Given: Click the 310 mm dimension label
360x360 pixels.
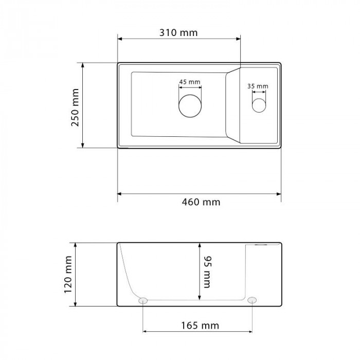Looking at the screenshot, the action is (178, 33).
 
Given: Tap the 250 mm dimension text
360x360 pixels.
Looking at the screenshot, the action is (75, 107).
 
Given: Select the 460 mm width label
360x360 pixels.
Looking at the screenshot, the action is (201, 202).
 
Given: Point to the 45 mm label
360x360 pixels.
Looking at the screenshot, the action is (190, 82).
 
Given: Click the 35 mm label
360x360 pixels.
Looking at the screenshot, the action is (258, 86).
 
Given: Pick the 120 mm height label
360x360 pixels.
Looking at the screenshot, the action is (68, 275).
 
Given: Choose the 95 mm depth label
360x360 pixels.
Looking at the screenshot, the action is (207, 272).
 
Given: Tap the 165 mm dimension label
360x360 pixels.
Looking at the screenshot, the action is (200, 326).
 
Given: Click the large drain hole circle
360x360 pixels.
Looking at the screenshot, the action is (190, 106).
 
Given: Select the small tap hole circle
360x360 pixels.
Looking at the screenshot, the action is (259, 105).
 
